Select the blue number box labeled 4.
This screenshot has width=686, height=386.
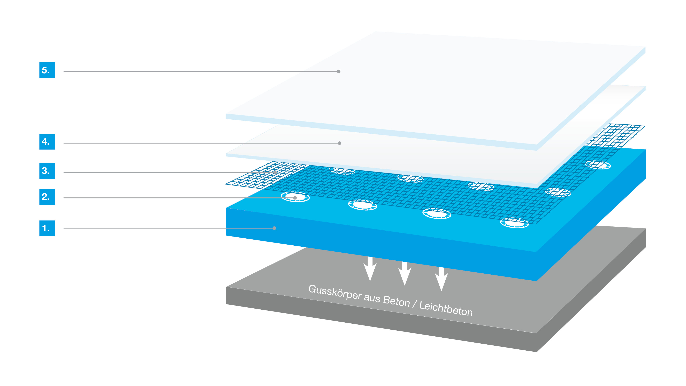point(47,141)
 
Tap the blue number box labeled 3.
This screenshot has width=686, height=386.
point(47,171)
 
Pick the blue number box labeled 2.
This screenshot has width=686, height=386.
point(47,197)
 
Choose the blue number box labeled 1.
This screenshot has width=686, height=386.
point(47,228)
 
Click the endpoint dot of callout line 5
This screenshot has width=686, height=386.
point(339,71)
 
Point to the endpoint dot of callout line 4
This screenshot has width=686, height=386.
point(339,143)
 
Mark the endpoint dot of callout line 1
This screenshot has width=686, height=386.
point(274,228)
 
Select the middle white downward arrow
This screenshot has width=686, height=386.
point(404,274)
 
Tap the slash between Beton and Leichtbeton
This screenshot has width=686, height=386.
point(414,304)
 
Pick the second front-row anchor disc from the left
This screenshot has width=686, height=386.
point(362,205)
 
